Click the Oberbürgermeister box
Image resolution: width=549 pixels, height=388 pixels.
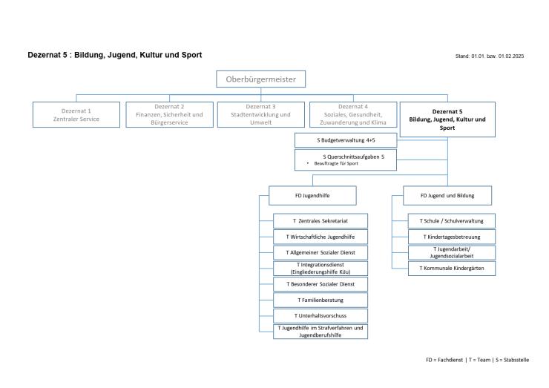tap(261, 79)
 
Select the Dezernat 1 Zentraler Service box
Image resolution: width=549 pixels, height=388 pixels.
tap(76, 114)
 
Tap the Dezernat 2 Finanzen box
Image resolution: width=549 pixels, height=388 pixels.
tap(168, 114)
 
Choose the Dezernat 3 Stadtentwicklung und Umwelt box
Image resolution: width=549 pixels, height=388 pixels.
tap(260, 114)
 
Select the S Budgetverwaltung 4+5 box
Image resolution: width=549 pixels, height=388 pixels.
tap(346, 139)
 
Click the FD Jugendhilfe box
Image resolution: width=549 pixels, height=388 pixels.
tap(312, 195)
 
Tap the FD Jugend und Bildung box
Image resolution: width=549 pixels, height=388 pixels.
tap(447, 195)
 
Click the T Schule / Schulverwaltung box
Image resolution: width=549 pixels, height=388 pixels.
tap(452, 221)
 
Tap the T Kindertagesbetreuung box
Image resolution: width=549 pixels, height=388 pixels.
tap(452, 237)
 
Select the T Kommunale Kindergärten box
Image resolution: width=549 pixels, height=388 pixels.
tap(452, 268)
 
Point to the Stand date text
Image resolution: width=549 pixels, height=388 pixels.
tap(490, 56)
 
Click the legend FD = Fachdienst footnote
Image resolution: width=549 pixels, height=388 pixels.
tap(477, 360)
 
